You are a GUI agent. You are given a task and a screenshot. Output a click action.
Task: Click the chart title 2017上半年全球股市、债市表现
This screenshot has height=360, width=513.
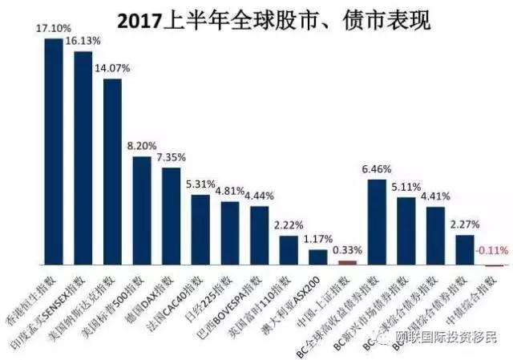pos(273,19)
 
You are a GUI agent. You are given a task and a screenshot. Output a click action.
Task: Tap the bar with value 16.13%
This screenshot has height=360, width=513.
pos(83,157)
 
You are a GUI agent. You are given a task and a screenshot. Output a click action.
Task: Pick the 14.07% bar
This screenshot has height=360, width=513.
pos(113,172)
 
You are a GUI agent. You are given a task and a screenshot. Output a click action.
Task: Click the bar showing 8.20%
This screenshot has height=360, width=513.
pos(142,211)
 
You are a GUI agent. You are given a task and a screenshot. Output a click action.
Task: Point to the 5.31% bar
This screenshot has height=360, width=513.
pos(200,229)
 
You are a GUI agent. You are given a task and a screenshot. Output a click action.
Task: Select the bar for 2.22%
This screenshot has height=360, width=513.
pos(289,250)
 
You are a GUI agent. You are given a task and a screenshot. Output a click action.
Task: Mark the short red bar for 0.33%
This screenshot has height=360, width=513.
pos(347,262)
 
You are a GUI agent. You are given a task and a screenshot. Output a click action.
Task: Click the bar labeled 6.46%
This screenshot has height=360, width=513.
pos(377,222)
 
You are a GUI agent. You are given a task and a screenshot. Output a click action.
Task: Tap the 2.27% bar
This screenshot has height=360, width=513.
pos(465,249)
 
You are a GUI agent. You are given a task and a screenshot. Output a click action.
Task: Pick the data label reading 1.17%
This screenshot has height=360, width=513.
pos(317,239)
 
